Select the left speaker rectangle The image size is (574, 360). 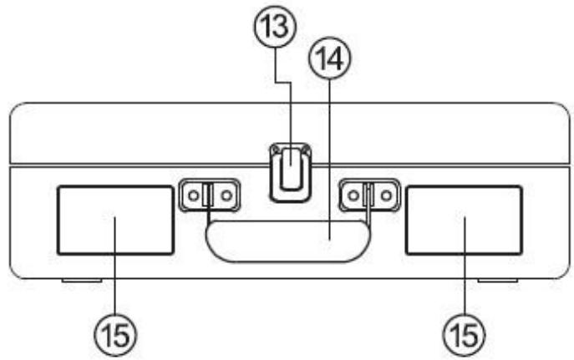point(114,221)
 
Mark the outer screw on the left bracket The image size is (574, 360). point(192,195)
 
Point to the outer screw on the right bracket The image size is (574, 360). point(385,195)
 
